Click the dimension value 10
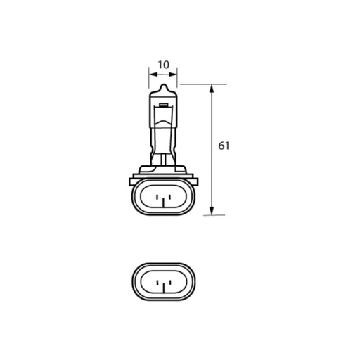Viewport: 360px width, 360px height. coord(163,65)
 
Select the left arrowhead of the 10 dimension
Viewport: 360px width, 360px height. coord(151,72)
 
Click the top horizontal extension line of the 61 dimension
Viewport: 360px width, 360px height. coord(204,84)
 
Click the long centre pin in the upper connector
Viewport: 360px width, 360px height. coord(163,202)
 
